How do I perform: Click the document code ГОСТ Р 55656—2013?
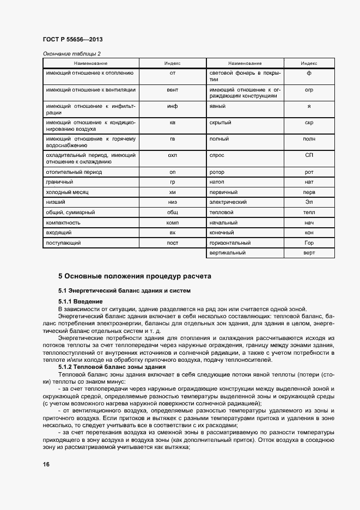click(x=72, y=40)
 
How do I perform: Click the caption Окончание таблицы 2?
click(x=71, y=54)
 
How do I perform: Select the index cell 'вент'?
click(x=173, y=89)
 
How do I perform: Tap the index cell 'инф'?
click(x=173, y=106)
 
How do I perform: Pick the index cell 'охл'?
click(x=173, y=155)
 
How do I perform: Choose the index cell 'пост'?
click(x=173, y=242)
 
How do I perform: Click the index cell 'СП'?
click(x=309, y=155)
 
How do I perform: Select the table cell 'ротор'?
click(x=217, y=172)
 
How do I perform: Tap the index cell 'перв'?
click(x=309, y=192)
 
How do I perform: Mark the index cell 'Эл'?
click(x=309, y=202)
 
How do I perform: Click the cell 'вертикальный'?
click(x=227, y=253)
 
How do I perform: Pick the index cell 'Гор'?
click(x=309, y=242)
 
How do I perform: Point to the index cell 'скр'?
click(x=309, y=123)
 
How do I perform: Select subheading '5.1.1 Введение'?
click(x=80, y=301)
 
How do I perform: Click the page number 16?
click(x=46, y=464)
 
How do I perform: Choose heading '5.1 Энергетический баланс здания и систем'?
click(x=124, y=290)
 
